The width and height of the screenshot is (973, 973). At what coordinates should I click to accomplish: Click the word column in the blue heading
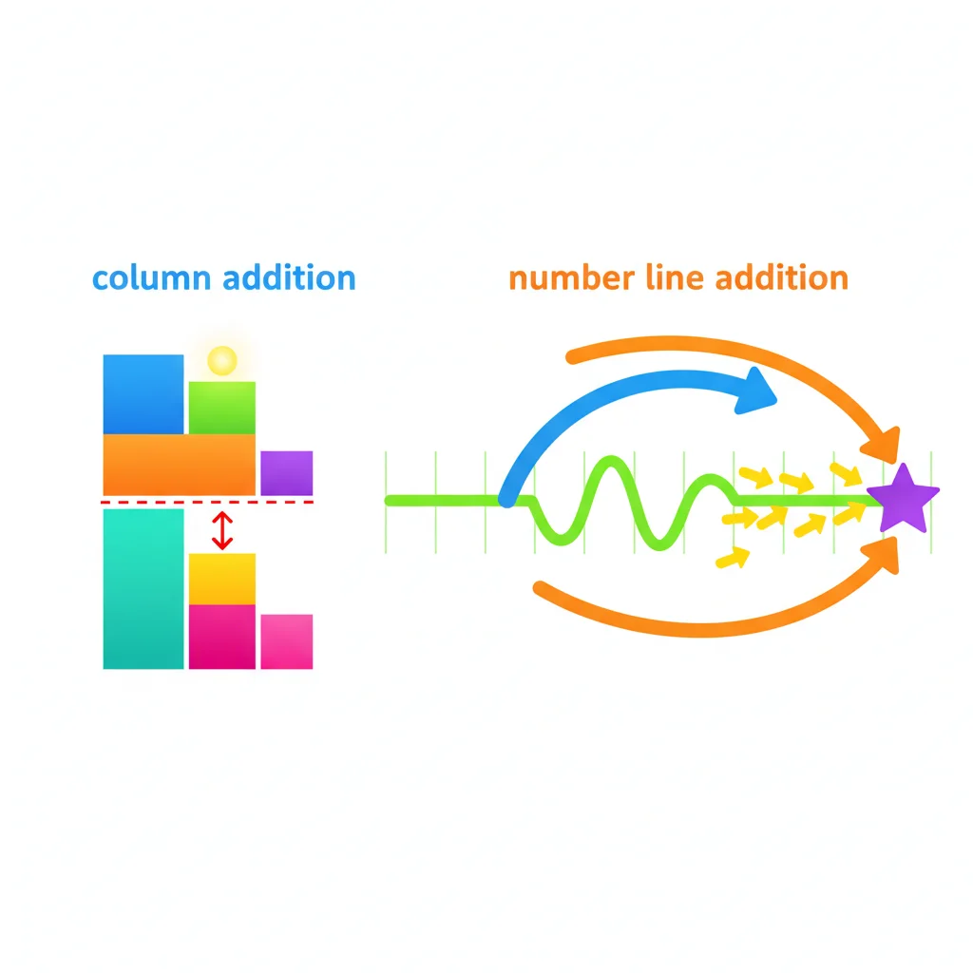tap(151, 278)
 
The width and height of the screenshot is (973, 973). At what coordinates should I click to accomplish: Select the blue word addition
tap(289, 278)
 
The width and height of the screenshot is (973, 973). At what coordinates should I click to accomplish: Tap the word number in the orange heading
tap(572, 278)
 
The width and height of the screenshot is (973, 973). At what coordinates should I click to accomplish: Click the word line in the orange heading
tap(676, 278)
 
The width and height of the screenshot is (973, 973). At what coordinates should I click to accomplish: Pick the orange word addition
tap(782, 278)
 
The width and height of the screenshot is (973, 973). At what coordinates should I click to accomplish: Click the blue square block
tap(143, 394)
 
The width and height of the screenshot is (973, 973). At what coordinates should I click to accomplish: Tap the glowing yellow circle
tap(222, 360)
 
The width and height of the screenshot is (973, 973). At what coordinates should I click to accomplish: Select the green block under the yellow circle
tap(222, 408)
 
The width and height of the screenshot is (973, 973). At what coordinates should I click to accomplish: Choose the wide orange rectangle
tap(180, 465)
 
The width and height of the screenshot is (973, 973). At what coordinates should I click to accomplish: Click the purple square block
tap(287, 473)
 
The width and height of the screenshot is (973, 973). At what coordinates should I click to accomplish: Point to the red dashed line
tap(207, 502)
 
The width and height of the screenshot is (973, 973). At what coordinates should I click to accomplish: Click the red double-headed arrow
tap(222, 530)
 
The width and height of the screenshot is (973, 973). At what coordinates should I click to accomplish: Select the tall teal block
tap(143, 589)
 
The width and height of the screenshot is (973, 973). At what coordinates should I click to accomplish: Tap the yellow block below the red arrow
tap(222, 579)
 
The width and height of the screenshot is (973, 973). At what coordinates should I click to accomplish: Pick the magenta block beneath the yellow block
tap(222, 637)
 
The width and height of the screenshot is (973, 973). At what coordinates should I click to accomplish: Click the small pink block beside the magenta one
tap(287, 641)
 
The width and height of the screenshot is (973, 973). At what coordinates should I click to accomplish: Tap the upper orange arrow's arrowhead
tap(883, 445)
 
